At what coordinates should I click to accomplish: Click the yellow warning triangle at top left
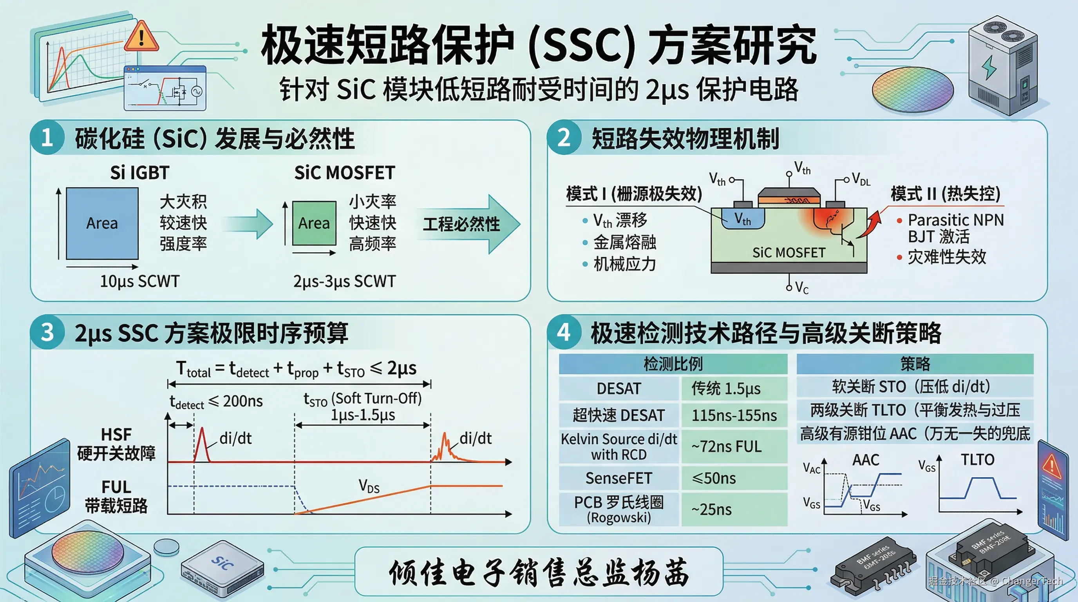[x=141, y=37]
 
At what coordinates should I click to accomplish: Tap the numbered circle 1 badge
[x=47, y=137]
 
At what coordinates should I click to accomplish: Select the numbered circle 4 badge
[x=564, y=332]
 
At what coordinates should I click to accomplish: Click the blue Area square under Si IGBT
[x=102, y=223]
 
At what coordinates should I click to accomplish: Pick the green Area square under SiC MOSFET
[x=314, y=223]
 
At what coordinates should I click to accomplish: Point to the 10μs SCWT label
[x=140, y=281]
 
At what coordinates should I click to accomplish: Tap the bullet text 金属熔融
[x=624, y=242]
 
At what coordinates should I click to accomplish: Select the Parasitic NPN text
[x=955, y=220]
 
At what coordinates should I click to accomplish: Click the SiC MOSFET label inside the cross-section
[x=789, y=253]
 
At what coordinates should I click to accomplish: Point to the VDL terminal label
[x=861, y=179]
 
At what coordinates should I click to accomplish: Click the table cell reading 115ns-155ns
[x=734, y=415]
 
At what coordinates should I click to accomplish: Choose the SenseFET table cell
[x=619, y=478]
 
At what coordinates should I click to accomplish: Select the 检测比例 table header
[x=673, y=364]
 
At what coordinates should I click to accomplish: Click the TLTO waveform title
[x=977, y=460]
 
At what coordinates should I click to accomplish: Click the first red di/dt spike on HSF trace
[x=202, y=444]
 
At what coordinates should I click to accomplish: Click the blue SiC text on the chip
[x=222, y=563]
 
